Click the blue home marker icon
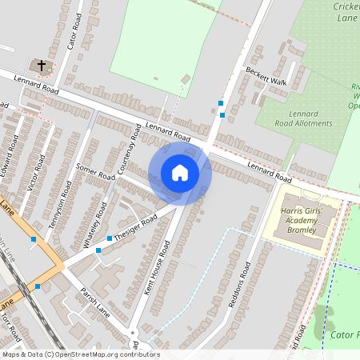coord(180,172)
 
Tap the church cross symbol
coord(40,64)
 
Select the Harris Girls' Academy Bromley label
coord(302,220)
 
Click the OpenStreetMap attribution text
coord(80,354)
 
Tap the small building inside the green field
coord(186,79)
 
